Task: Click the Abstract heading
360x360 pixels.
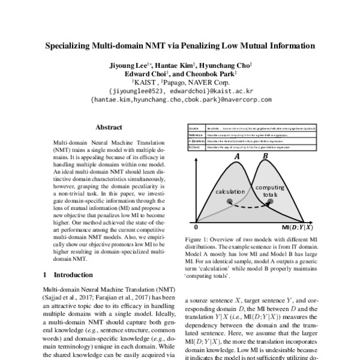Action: [109, 127]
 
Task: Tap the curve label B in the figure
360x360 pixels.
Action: [265, 157]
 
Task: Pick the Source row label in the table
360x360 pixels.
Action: [194, 128]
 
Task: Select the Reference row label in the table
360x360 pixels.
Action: [195, 136]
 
